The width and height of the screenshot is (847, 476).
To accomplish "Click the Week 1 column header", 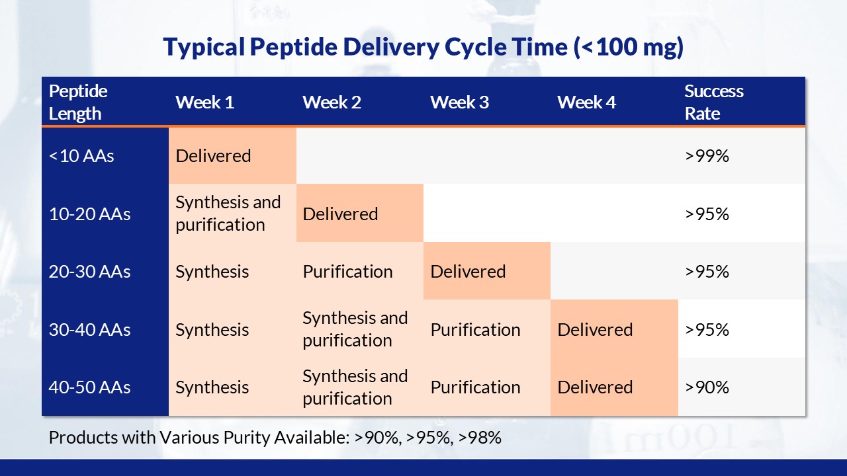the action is point(204,102).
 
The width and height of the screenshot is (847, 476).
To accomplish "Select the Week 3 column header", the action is point(459,102).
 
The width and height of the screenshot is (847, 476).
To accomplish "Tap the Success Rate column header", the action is point(714,102).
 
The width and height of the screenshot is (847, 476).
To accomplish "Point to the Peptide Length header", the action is point(78,102).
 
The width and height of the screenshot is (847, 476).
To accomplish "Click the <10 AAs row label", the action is point(81,155).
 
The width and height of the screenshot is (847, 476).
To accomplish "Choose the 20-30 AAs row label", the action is point(89,272).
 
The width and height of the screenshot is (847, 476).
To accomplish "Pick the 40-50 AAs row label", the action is point(89,387).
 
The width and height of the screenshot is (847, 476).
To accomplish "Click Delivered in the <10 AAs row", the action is point(213,155).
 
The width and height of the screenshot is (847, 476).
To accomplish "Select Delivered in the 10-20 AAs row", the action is point(340,214).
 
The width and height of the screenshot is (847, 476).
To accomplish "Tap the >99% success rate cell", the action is point(707,155).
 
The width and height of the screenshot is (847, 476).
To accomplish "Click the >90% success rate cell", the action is point(707,387).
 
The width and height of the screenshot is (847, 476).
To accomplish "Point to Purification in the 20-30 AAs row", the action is point(347,272).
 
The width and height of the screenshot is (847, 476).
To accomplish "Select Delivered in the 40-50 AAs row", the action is point(595,387).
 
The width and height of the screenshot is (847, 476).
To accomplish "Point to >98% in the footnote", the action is point(480,438).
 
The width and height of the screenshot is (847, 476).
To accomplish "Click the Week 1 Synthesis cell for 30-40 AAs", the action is point(212,330).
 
